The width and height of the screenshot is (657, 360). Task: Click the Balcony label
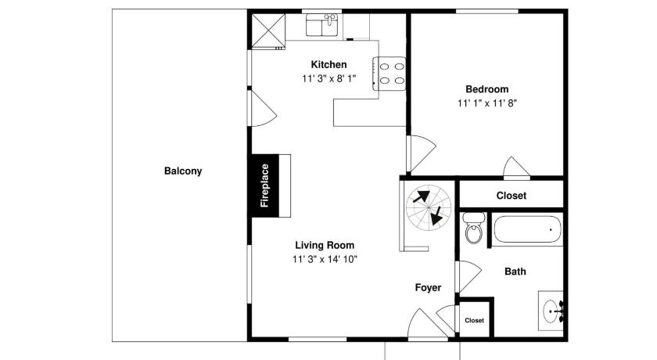183,171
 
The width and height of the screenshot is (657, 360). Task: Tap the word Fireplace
264,185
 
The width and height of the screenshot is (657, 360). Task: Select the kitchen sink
321,25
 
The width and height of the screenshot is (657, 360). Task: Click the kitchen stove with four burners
390,74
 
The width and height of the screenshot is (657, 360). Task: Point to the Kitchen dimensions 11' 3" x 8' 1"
329,78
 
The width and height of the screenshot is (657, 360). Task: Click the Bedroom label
486,89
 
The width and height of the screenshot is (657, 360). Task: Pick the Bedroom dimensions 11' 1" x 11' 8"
486,103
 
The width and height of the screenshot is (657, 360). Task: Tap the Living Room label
325,245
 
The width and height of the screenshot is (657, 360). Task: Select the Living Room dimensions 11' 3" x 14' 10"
325,259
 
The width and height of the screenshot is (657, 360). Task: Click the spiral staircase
429,208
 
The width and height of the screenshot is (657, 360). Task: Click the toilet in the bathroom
474,228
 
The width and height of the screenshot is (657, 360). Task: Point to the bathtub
527,229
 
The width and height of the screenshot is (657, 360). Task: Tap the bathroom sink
552,311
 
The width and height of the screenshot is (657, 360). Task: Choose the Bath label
515,272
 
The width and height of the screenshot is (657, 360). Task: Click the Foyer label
428,287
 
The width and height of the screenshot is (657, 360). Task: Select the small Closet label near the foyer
474,320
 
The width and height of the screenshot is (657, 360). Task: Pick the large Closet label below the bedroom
512,196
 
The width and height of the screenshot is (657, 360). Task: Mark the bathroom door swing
469,276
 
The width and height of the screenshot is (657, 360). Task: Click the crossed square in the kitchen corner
268,31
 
